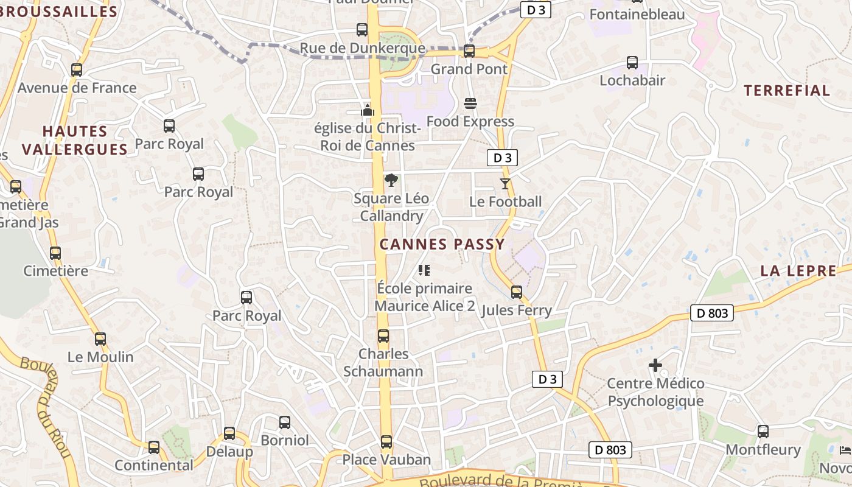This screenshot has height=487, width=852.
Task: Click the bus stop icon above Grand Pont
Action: pyautogui.click(x=469, y=51)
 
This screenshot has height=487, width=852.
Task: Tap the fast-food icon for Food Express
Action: pyautogui.click(x=470, y=103)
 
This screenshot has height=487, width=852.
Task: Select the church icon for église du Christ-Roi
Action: pyautogui.click(x=367, y=110)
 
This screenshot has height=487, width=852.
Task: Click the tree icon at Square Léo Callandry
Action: pyautogui.click(x=391, y=180)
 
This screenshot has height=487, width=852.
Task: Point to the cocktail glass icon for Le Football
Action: pyautogui.click(x=505, y=183)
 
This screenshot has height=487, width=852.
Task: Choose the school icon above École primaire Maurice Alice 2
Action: pyautogui.click(x=424, y=270)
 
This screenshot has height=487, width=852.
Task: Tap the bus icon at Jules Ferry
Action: pyautogui.click(x=517, y=292)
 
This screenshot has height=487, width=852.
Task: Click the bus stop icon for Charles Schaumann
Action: pyautogui.click(x=383, y=336)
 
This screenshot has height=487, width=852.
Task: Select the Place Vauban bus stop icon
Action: pyautogui.click(x=386, y=442)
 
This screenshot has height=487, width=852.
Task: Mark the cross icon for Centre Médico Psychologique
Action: pyautogui.click(x=655, y=365)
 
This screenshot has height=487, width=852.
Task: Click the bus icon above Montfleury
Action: pyautogui.click(x=763, y=432)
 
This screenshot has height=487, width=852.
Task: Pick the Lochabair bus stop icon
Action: pyautogui.click(x=632, y=63)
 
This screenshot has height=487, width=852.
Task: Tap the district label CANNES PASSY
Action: pyautogui.click(x=442, y=245)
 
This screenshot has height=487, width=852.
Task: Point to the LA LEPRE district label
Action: pyautogui.click(x=798, y=272)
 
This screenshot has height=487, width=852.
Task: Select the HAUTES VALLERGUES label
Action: pyautogui.click(x=75, y=140)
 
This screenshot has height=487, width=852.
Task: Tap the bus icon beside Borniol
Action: pyautogui.click(x=284, y=422)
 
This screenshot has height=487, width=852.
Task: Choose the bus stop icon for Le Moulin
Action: pyautogui.click(x=100, y=339)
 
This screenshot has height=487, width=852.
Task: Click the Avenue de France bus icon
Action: pyautogui.click(x=77, y=70)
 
